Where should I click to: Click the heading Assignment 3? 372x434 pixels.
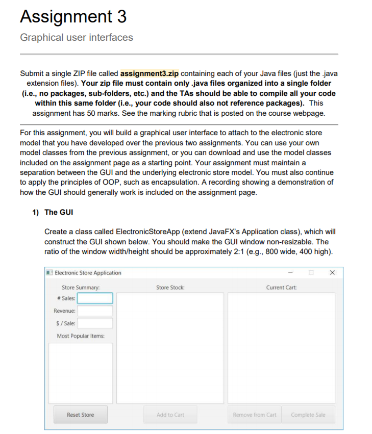73,16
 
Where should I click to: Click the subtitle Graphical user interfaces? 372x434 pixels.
76,37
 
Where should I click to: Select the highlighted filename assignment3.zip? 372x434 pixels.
150,73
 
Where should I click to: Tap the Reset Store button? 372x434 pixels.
80,415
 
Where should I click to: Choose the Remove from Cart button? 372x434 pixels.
254,415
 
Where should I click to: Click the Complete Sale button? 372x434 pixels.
308,415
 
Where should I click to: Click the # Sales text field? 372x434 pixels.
95,298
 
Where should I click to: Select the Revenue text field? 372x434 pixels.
95,311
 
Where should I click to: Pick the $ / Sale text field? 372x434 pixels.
95,323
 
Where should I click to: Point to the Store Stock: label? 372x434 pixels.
170,288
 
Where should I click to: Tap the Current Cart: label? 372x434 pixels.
281,288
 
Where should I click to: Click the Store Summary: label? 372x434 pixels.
80,288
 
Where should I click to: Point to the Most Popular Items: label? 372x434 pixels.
80,336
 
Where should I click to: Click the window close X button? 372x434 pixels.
332,273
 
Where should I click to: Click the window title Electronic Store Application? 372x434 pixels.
88,273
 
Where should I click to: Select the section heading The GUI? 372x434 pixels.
59,212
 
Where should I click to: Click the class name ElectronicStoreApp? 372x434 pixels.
145,232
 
